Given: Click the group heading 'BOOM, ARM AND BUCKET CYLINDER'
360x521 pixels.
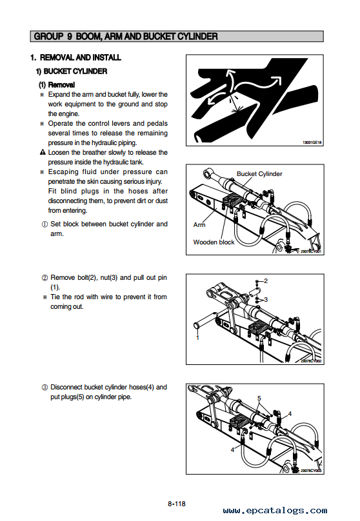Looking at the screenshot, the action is point(147,36).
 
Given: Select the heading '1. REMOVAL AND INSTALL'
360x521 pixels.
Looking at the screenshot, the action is point(75,57).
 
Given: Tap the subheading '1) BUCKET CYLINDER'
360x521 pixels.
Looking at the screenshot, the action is point(72,71).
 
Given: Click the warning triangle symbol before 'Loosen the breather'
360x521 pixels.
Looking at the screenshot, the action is point(42,152).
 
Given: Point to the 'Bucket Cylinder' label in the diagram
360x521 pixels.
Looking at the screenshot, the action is point(259,174).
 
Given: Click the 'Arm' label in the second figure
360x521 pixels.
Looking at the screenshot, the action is point(199,224).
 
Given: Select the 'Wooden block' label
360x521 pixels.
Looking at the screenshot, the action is point(214,242).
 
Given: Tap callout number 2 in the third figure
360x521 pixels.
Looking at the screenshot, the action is point(266,280).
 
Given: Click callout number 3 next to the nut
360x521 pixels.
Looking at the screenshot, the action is point(266,300).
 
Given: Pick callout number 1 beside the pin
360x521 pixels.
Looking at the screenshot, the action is point(197,338).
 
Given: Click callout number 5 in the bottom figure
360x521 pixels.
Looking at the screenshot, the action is point(259,398).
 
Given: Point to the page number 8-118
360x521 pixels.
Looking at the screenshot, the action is point(177,504).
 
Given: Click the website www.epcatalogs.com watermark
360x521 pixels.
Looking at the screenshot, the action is point(275,511).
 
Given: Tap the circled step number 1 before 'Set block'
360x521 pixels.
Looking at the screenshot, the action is point(45,224).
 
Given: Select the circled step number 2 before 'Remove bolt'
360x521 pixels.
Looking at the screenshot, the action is point(45,278).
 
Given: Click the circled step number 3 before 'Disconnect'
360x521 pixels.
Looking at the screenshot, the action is point(45,388).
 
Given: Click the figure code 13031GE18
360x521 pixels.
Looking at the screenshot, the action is point(312,143).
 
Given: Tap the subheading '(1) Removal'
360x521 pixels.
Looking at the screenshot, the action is point(57,84).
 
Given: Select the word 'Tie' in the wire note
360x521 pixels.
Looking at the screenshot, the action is point(55,297).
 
